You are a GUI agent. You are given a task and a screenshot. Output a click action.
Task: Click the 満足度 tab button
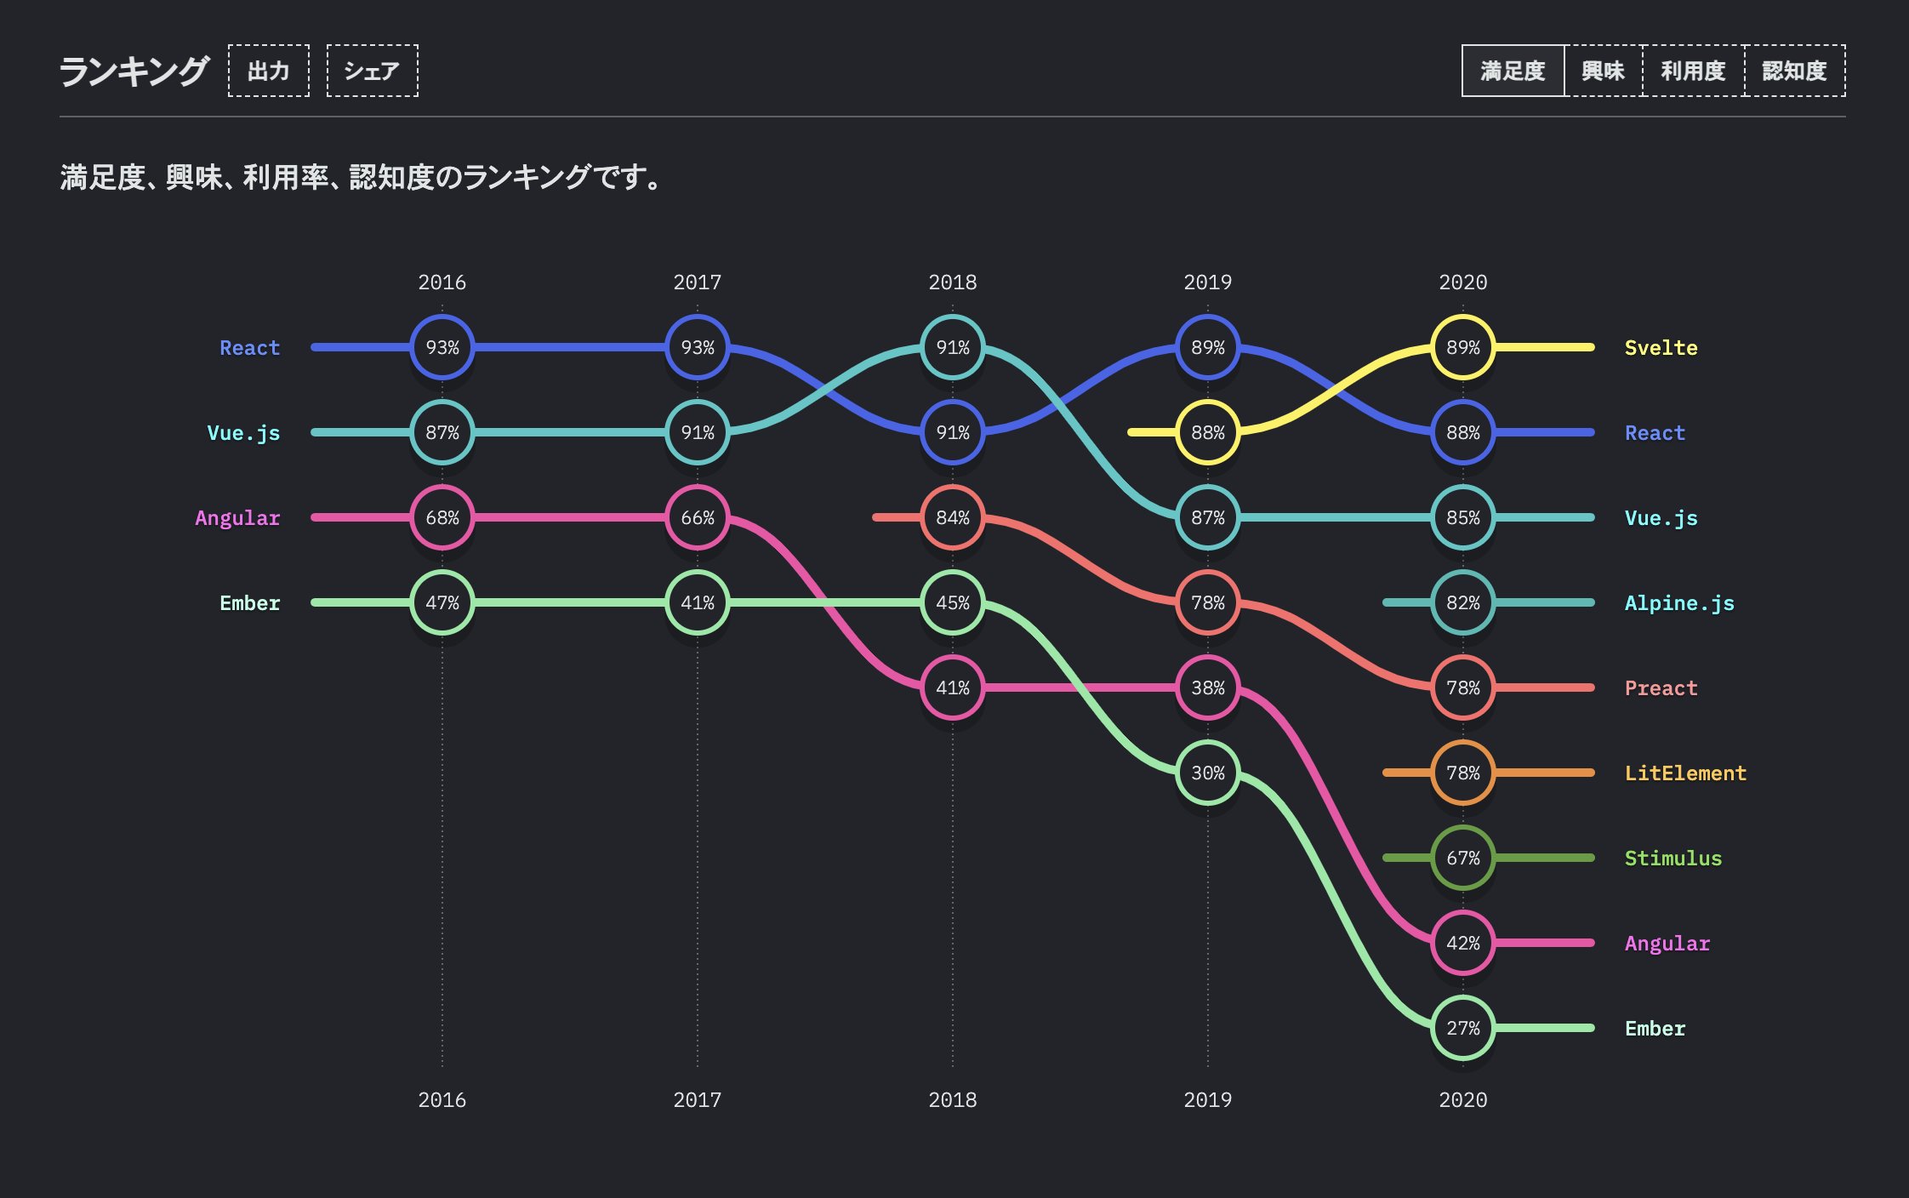pyautogui.click(x=1513, y=71)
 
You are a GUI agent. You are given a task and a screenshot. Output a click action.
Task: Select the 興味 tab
pyautogui.click(x=1603, y=71)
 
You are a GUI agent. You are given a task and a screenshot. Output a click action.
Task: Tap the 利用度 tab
pyautogui.click(x=1693, y=71)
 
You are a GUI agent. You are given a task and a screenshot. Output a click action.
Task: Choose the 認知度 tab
pyautogui.click(x=1794, y=71)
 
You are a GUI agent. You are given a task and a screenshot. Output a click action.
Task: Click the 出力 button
pyautogui.click(x=268, y=71)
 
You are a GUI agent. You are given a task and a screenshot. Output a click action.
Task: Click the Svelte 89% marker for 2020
pyautogui.click(x=1462, y=347)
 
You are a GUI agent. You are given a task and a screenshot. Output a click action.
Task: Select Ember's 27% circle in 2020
pyautogui.click(x=1462, y=1028)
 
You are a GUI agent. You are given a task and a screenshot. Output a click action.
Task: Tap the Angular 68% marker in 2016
pyautogui.click(x=442, y=517)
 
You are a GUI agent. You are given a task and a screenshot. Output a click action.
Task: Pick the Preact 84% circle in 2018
pyautogui.click(x=953, y=517)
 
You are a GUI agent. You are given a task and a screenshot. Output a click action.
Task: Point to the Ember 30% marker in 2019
pyautogui.click(x=1207, y=773)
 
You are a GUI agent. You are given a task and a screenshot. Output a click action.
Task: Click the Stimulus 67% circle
pyautogui.click(x=1462, y=858)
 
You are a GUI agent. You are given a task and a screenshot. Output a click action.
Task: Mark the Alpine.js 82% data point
pyautogui.click(x=1462, y=602)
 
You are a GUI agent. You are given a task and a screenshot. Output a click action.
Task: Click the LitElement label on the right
pyautogui.click(x=1685, y=773)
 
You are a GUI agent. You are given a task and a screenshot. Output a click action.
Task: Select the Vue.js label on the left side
pyautogui.click(x=243, y=433)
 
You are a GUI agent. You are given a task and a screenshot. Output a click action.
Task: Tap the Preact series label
pyautogui.click(x=1661, y=688)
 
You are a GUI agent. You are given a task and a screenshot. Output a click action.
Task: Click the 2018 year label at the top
pyautogui.click(x=953, y=282)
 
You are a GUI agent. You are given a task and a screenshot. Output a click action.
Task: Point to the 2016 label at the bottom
pyautogui.click(x=442, y=1100)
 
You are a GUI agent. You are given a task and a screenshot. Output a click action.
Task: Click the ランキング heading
pyautogui.click(x=134, y=71)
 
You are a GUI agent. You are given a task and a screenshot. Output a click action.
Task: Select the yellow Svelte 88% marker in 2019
pyautogui.click(x=1207, y=432)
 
